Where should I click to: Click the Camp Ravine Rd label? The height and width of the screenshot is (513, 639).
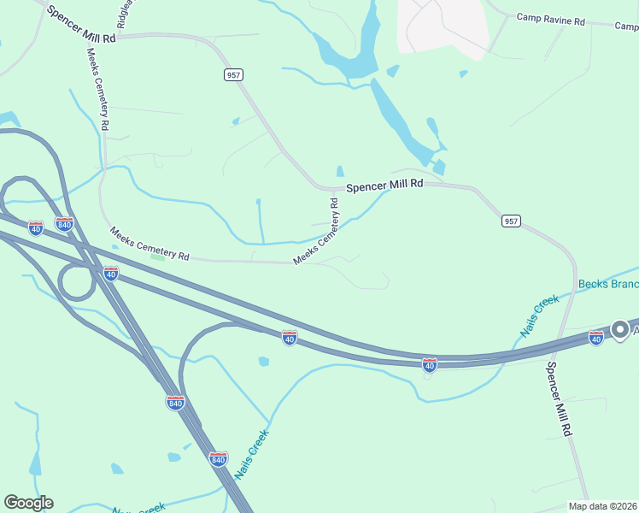[x=550, y=19]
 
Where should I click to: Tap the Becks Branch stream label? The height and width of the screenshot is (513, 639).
[x=607, y=284]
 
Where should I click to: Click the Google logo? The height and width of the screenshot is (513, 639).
[x=28, y=503]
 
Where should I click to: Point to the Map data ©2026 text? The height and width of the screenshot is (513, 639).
[x=602, y=506]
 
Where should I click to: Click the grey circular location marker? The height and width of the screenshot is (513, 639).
[x=621, y=329]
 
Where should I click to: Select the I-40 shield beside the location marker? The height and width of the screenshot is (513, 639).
[x=596, y=338]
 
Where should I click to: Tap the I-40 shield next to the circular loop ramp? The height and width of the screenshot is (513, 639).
[x=110, y=273]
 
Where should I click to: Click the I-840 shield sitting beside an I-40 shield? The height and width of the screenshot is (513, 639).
[x=64, y=224]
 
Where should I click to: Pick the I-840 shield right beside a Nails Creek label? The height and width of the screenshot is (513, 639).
[x=218, y=459]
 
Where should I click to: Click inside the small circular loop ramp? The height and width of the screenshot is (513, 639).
[x=77, y=282]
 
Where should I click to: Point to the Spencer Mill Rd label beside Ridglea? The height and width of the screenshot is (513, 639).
[x=80, y=26]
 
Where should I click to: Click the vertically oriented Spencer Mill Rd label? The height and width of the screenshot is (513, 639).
[x=558, y=399]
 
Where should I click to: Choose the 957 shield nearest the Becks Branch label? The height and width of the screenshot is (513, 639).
[x=510, y=221]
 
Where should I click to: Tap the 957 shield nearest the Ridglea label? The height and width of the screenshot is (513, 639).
[x=233, y=75]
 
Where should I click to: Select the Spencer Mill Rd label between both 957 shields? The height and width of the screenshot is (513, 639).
[x=384, y=185]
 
